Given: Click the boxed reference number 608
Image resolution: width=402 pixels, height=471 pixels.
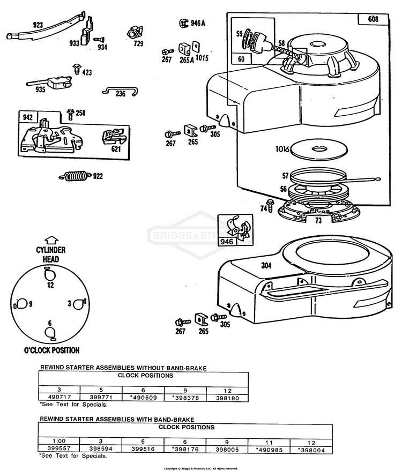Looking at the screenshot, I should [x=373, y=19].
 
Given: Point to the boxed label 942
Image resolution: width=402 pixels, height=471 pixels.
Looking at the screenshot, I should [x=27, y=117].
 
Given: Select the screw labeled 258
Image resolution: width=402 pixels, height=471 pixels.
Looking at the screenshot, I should [x=70, y=113].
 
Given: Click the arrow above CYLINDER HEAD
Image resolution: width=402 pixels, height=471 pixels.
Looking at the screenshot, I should [x=50, y=241].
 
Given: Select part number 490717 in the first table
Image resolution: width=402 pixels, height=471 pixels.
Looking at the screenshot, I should [x=59, y=398].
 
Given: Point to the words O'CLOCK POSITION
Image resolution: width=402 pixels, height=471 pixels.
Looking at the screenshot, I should [x=51, y=350].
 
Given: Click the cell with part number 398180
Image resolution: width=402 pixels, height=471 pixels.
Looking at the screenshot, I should [x=227, y=398].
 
